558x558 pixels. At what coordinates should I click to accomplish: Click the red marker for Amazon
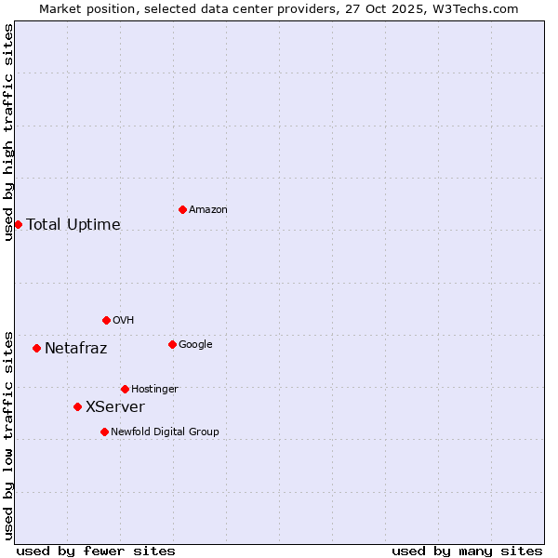(182, 209)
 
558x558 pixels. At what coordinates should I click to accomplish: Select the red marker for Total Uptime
(18, 224)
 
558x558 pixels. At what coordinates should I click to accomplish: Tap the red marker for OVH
(106, 320)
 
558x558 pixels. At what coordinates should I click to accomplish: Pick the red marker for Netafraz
(36, 348)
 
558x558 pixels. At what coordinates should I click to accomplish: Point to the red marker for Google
(172, 344)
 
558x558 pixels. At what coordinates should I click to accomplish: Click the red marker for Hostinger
(125, 389)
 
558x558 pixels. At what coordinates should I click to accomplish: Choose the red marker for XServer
(77, 406)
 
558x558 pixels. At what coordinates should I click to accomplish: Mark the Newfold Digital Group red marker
(104, 432)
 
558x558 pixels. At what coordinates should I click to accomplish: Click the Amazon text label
(208, 210)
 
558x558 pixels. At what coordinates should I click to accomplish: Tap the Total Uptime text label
(73, 225)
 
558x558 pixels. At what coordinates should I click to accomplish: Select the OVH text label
(124, 321)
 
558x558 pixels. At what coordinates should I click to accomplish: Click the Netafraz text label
(76, 349)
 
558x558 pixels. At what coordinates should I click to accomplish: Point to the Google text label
(195, 345)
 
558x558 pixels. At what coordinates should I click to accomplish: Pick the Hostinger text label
(154, 390)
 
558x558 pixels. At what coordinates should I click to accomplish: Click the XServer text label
(115, 407)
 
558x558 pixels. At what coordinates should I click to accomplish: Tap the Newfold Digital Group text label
(165, 432)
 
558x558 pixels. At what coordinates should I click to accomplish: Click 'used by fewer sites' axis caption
(96, 551)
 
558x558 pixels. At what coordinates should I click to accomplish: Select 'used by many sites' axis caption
(467, 551)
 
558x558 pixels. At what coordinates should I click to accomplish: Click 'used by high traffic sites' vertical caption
(8, 132)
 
